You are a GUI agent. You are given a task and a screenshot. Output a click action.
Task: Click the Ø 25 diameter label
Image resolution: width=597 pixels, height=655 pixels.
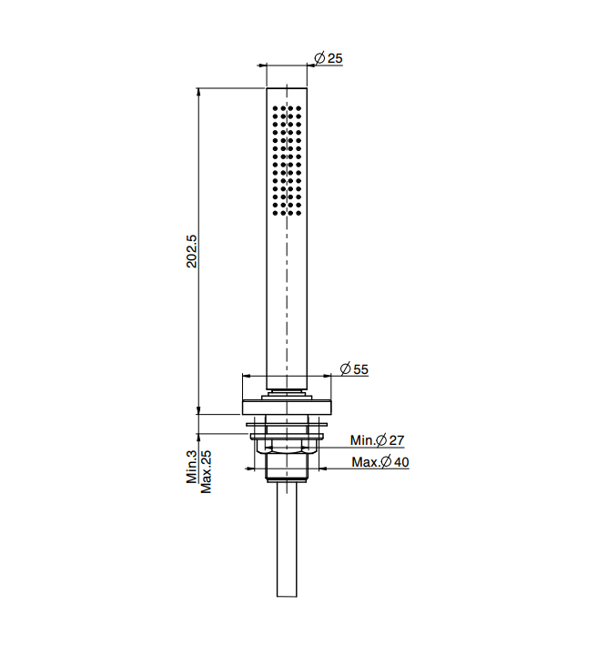point(329,58)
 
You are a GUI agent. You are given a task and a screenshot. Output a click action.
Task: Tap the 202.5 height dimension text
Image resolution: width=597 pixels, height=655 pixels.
point(192,251)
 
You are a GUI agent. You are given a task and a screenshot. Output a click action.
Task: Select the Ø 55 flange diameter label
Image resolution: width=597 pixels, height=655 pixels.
point(354,368)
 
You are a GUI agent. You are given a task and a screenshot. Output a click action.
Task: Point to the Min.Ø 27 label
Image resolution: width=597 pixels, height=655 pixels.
point(378,440)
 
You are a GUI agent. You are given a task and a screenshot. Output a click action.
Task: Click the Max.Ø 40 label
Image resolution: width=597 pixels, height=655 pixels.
point(380,462)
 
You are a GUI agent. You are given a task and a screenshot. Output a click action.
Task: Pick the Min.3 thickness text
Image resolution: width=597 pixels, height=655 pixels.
point(192,467)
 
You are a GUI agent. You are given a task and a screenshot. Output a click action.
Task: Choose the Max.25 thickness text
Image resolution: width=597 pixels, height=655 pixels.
point(207,471)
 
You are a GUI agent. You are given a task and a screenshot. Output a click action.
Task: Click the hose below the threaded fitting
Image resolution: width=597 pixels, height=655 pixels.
point(287,539)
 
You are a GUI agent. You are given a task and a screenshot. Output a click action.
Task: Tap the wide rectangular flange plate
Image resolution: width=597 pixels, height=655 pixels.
point(287,408)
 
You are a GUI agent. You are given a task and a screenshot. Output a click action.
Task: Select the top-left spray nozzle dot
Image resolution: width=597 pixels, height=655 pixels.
point(275,108)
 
